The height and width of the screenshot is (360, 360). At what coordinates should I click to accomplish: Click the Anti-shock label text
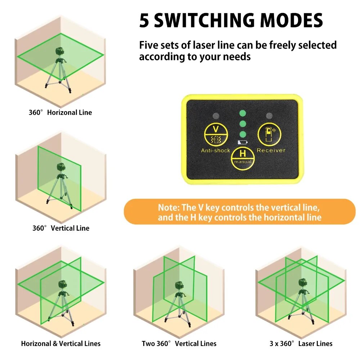tap(215, 150)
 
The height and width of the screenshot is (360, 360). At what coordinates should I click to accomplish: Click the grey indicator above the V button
tap(216, 116)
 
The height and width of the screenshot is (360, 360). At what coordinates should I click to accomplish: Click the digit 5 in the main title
tap(144, 21)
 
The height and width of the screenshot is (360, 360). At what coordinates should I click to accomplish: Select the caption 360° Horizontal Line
tap(60, 113)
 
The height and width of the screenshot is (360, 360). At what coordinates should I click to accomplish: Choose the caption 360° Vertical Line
tap(60, 228)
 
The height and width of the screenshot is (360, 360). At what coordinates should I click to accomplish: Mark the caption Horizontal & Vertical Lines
tap(60, 344)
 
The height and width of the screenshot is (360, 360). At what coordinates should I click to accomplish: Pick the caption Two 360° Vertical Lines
tap(179, 344)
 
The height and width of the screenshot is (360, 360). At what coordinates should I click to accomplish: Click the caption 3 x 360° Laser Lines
tap(301, 344)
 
